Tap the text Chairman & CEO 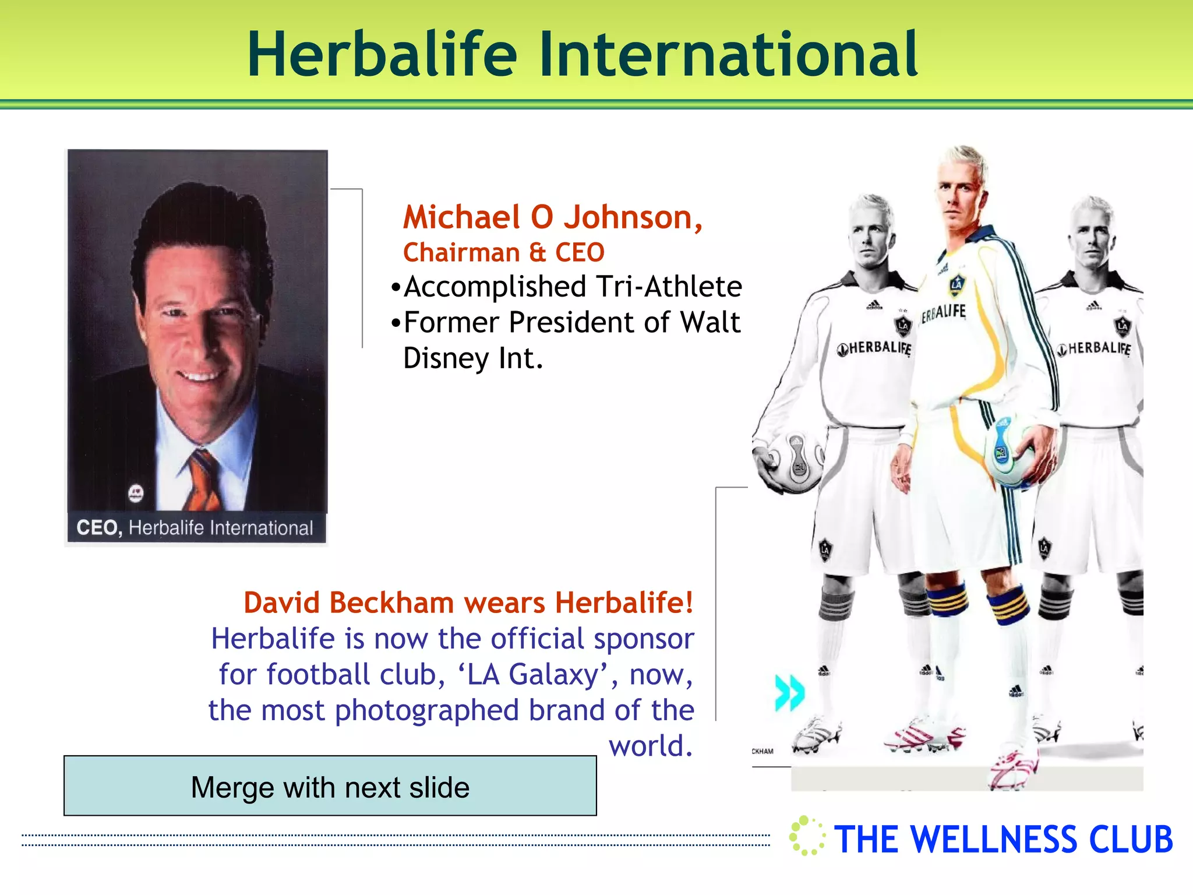point(504,253)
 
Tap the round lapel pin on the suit point(136,493)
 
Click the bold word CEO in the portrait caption point(99,528)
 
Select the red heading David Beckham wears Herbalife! point(468,602)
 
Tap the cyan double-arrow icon point(789,693)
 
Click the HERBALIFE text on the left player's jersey point(876,348)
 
